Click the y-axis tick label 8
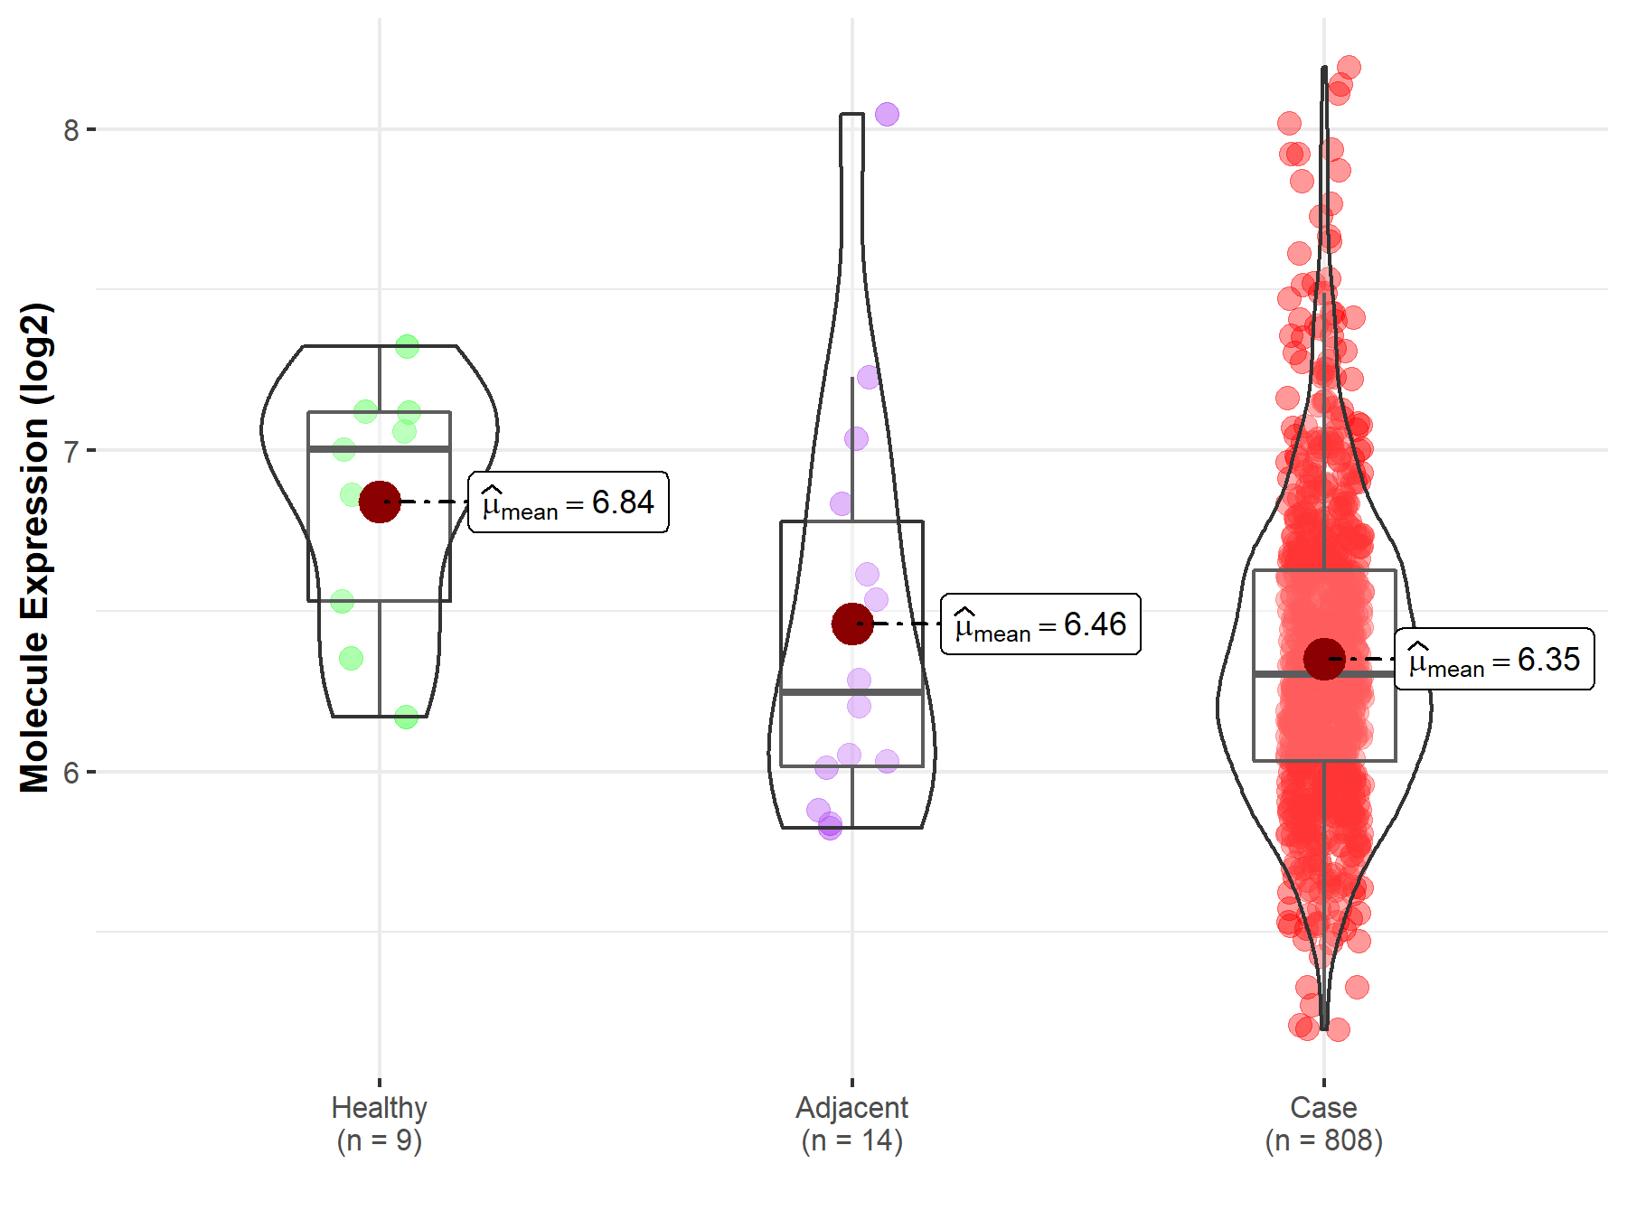click(71, 130)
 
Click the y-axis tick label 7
click(71, 450)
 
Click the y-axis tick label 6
click(71, 773)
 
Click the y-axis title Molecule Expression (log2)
click(34, 548)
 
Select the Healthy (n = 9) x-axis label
click(379, 1123)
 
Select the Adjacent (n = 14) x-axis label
click(851, 1123)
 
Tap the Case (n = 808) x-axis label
click(1323, 1123)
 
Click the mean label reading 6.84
click(569, 502)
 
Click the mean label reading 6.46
click(1040, 624)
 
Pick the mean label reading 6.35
click(1494, 660)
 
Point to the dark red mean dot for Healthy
click(380, 502)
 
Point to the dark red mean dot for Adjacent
click(851, 624)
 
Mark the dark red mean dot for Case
click(1324, 659)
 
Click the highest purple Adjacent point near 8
click(887, 115)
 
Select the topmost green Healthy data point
click(407, 346)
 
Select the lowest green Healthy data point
click(406, 718)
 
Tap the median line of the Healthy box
click(379, 448)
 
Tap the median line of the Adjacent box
click(851, 692)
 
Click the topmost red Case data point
click(1349, 67)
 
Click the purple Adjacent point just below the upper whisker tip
click(869, 377)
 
